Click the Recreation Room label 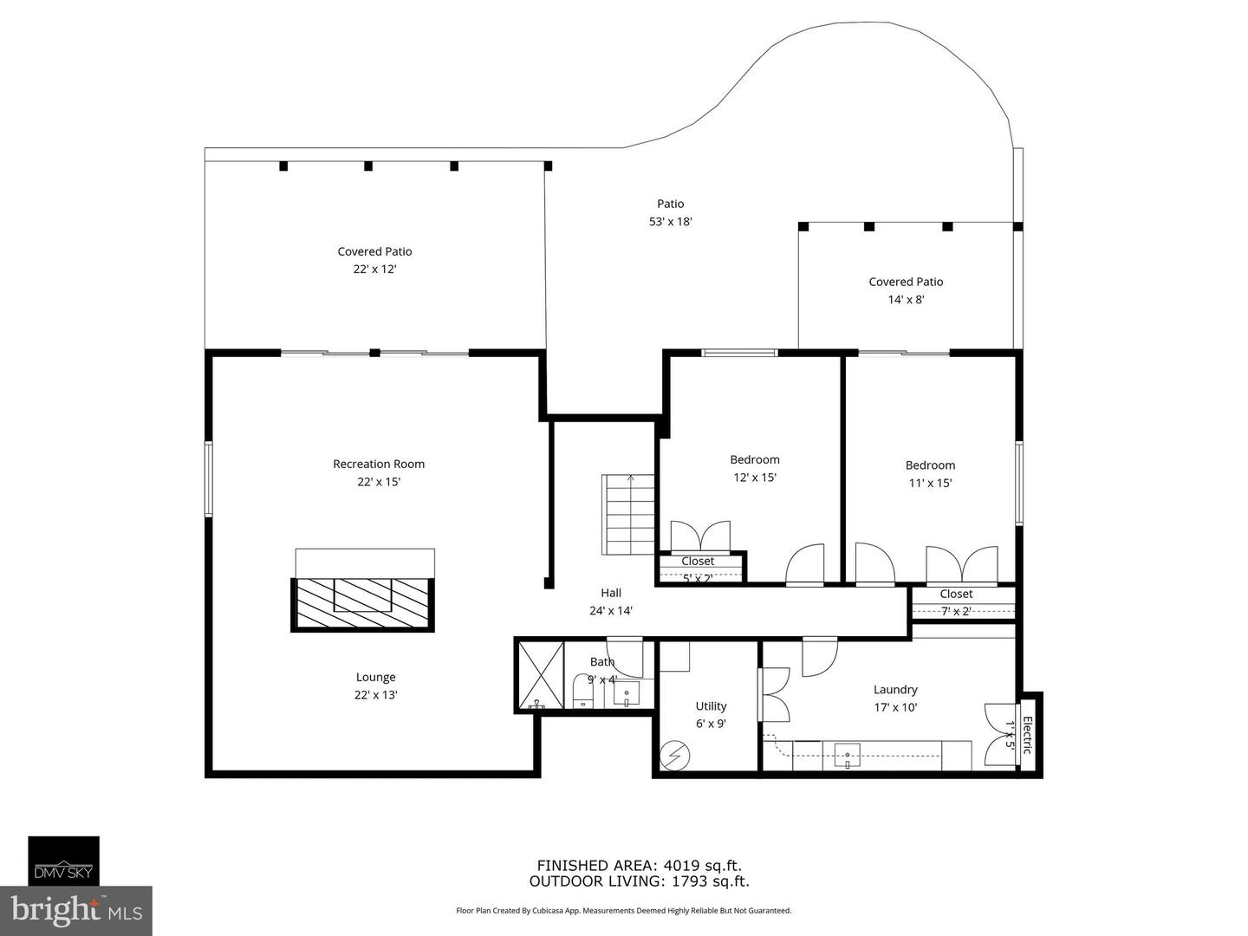coord(379,464)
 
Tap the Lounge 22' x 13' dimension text coord(376,695)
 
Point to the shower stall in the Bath coord(539,674)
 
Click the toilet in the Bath coord(582,692)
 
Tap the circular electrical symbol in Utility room coord(673,756)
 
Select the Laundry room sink coord(847,755)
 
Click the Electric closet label coord(1028,735)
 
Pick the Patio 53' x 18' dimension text coord(670,222)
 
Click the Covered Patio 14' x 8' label coord(906,290)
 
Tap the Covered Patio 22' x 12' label coord(374,260)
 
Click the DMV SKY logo coord(64,861)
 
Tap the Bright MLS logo coord(76,910)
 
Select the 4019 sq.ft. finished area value coord(702,865)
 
